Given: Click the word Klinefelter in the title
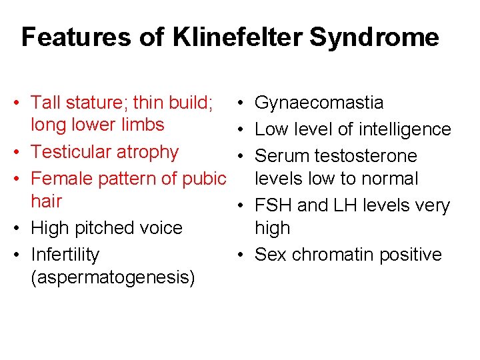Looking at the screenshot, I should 237,37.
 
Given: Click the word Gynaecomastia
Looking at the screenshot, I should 319,103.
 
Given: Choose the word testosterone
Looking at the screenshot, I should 369,156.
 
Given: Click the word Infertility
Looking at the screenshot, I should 65,255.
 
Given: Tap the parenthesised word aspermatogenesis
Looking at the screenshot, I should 113,277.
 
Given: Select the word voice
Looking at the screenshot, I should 159,228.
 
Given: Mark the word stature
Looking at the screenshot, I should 96,103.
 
